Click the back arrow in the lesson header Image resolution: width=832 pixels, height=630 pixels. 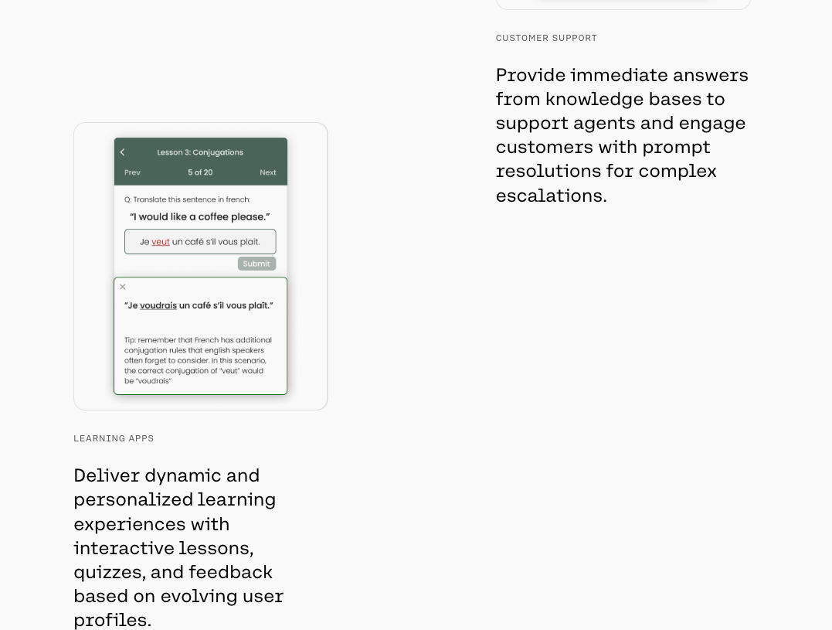(x=122, y=152)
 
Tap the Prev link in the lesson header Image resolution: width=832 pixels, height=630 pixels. (x=132, y=172)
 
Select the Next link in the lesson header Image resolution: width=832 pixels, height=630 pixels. (x=268, y=172)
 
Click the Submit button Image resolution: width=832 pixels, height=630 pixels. (x=256, y=264)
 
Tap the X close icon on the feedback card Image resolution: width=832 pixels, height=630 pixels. (x=123, y=287)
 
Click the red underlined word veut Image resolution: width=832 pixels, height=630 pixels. (x=161, y=242)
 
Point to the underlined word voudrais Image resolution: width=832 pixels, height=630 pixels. (x=158, y=305)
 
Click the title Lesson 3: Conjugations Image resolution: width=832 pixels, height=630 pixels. (x=200, y=152)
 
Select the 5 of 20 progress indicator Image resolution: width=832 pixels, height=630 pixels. (x=200, y=172)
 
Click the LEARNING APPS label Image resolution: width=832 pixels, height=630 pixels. (x=114, y=438)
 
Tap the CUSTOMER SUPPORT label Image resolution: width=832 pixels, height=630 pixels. (x=546, y=38)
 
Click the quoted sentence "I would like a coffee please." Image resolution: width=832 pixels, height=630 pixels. (x=200, y=216)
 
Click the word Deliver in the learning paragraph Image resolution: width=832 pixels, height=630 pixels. (x=106, y=475)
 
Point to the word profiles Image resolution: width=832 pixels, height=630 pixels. (x=111, y=620)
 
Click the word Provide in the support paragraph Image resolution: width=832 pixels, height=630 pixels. (x=530, y=75)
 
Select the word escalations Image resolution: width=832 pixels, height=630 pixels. (x=550, y=196)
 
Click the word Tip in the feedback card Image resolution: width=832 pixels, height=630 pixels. (x=129, y=340)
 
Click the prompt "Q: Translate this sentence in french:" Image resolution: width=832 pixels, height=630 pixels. (x=187, y=199)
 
